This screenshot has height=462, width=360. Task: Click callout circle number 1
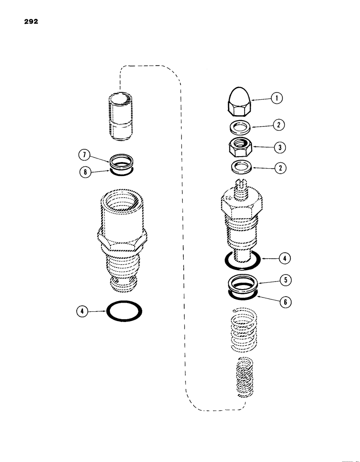click(x=276, y=98)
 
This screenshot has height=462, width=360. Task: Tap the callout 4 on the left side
click(x=81, y=311)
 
